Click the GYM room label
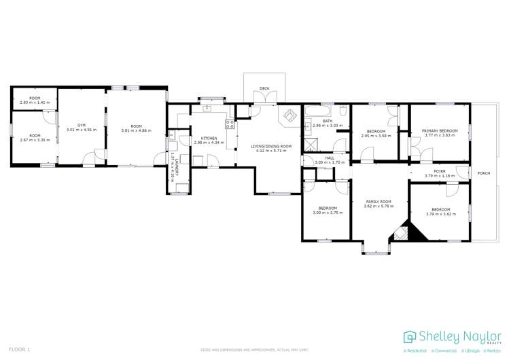click(82, 126)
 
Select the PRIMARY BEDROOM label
click(440, 131)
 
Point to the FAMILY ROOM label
click(379, 202)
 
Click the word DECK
click(264, 88)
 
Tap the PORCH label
click(484, 173)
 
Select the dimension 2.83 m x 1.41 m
click(30, 103)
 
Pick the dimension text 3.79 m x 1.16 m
click(440, 176)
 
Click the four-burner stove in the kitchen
click(230, 124)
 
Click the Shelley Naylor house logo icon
click(410, 337)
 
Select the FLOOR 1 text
click(14, 349)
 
